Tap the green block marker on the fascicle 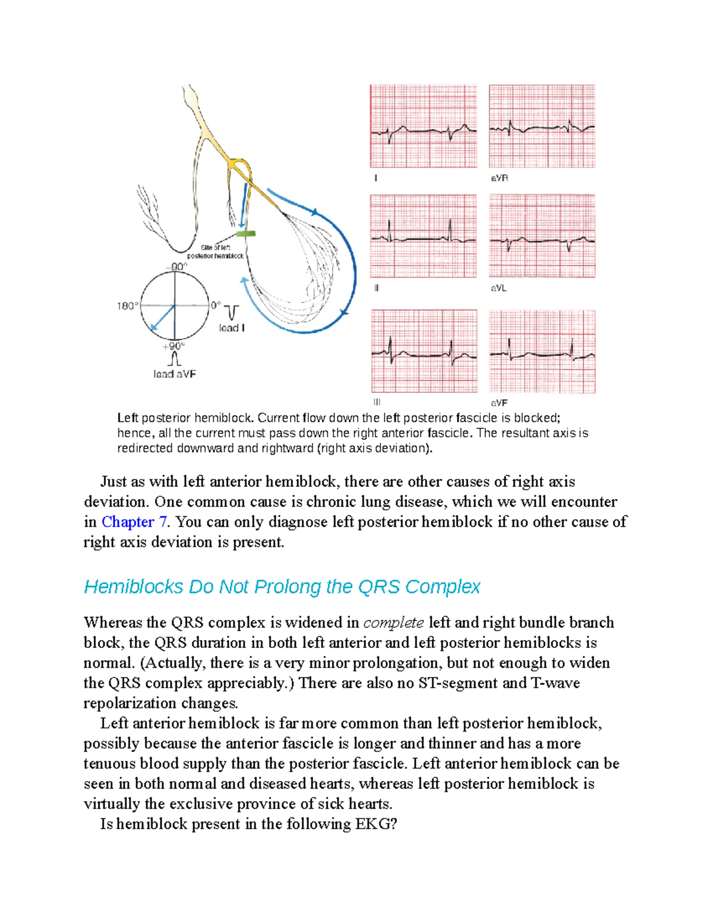click(245, 234)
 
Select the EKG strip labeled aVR click(542, 126)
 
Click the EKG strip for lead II click(423, 236)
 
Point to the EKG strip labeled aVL click(542, 236)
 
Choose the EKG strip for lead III click(424, 351)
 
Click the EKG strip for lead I click(423, 126)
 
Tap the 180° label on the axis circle click(127, 306)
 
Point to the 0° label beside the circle click(215, 305)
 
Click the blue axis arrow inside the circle click(162, 319)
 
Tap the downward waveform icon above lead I click(232, 312)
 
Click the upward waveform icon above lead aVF click(174, 359)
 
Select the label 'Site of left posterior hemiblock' click(215, 251)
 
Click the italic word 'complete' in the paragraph click(393, 623)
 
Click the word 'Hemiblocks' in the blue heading click(134, 587)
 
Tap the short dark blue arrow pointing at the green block click(243, 205)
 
